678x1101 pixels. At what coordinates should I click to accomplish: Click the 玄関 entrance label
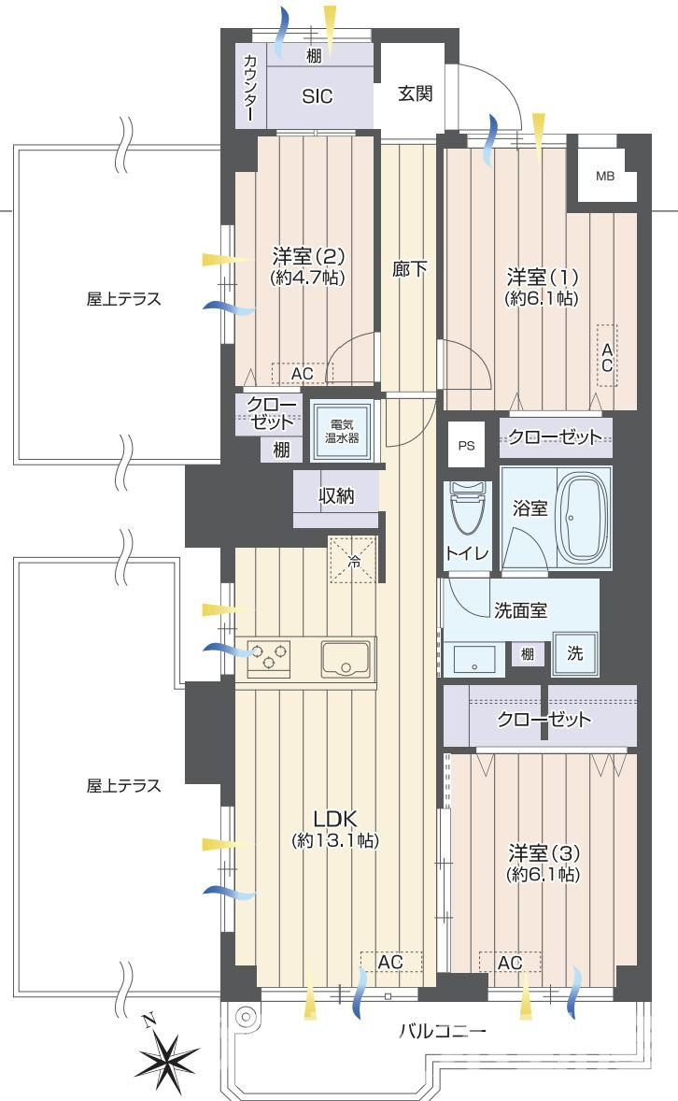click(x=416, y=93)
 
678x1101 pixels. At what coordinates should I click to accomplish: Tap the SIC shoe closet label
click(x=318, y=96)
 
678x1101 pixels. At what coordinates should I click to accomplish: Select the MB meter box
click(x=605, y=176)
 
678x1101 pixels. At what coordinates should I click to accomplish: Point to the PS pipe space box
click(x=467, y=445)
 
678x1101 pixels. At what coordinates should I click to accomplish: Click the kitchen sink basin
click(x=346, y=659)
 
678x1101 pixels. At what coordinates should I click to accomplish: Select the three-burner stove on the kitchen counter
click(x=269, y=659)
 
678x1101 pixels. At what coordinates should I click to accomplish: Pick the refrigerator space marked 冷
click(x=355, y=560)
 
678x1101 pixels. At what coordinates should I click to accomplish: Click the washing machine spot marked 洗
click(x=575, y=653)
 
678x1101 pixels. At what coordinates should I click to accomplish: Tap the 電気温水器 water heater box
click(x=342, y=431)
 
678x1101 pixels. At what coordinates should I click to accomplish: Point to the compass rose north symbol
click(x=167, y=1055)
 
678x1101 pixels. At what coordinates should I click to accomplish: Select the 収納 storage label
click(x=337, y=495)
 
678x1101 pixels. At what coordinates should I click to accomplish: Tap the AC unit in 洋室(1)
click(x=607, y=355)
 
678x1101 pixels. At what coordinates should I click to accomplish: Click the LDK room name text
click(x=335, y=818)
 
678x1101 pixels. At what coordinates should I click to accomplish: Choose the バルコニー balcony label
click(x=442, y=1032)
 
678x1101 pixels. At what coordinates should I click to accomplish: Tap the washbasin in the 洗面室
click(x=473, y=660)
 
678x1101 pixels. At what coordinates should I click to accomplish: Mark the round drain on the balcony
click(x=245, y=1016)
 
